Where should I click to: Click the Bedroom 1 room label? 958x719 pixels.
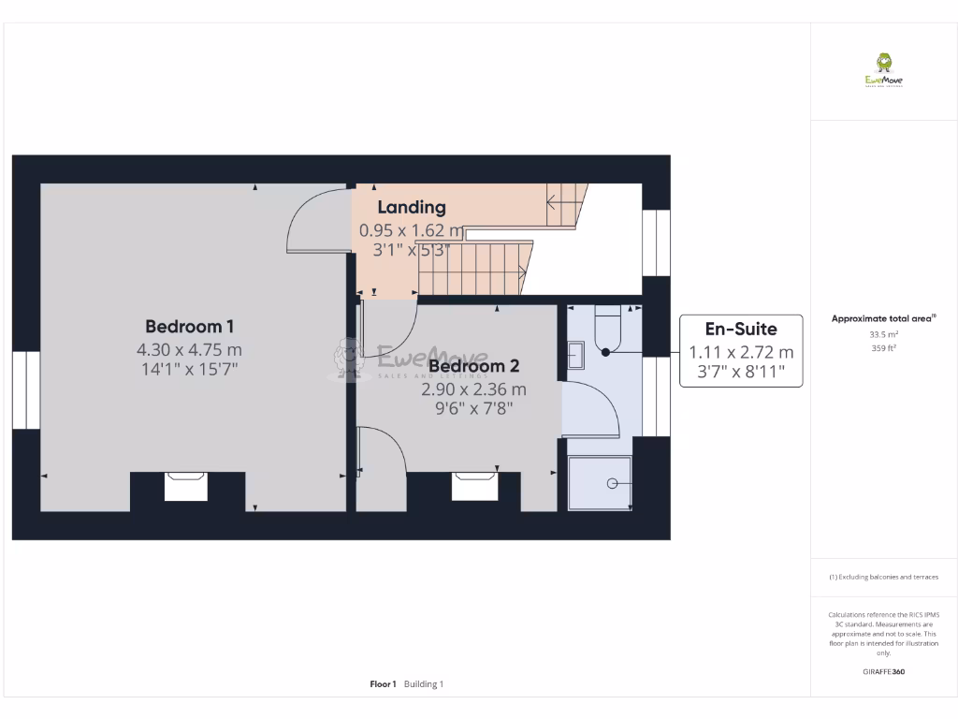(189, 327)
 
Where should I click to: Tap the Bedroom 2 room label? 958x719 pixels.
(473, 366)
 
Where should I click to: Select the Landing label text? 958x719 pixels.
(412, 207)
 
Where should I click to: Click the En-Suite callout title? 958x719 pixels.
(740, 329)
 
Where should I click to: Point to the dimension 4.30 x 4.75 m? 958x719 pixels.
(189, 349)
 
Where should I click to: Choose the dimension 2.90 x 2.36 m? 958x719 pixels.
(473, 389)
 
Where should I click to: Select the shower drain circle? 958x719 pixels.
(612, 483)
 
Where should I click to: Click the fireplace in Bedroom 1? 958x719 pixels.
(185, 486)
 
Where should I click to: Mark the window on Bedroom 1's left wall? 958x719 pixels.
(26, 390)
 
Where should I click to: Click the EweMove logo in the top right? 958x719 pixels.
(883, 69)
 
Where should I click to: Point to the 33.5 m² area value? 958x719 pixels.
(883, 334)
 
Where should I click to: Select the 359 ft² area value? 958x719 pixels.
(883, 348)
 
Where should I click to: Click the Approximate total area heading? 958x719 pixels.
(883, 319)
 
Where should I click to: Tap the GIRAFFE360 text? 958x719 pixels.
(883, 671)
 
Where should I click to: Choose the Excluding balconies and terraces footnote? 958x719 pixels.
(883, 577)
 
